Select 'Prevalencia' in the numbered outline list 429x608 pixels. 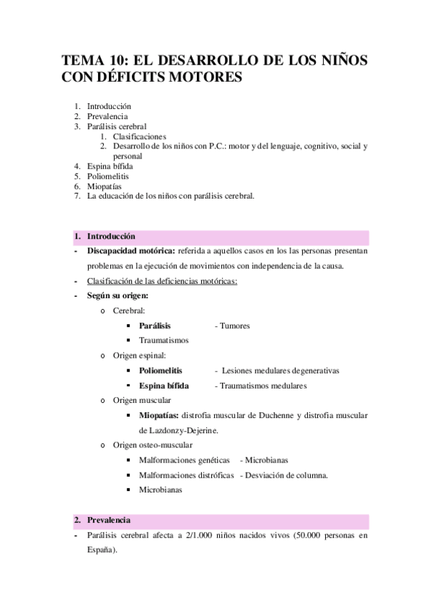pyautogui.click(x=107, y=116)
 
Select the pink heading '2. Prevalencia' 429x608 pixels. pyautogui.click(x=109, y=519)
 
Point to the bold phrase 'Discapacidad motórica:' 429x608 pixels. pyautogui.click(x=131, y=252)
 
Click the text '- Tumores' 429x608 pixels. pyautogui.click(x=232, y=326)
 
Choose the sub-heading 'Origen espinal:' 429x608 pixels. pyautogui.click(x=140, y=356)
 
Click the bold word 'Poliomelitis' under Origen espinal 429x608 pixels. pyautogui.click(x=160, y=371)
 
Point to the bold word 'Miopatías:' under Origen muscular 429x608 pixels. pyautogui.click(x=159, y=416)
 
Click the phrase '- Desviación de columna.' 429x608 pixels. pyautogui.click(x=284, y=475)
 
